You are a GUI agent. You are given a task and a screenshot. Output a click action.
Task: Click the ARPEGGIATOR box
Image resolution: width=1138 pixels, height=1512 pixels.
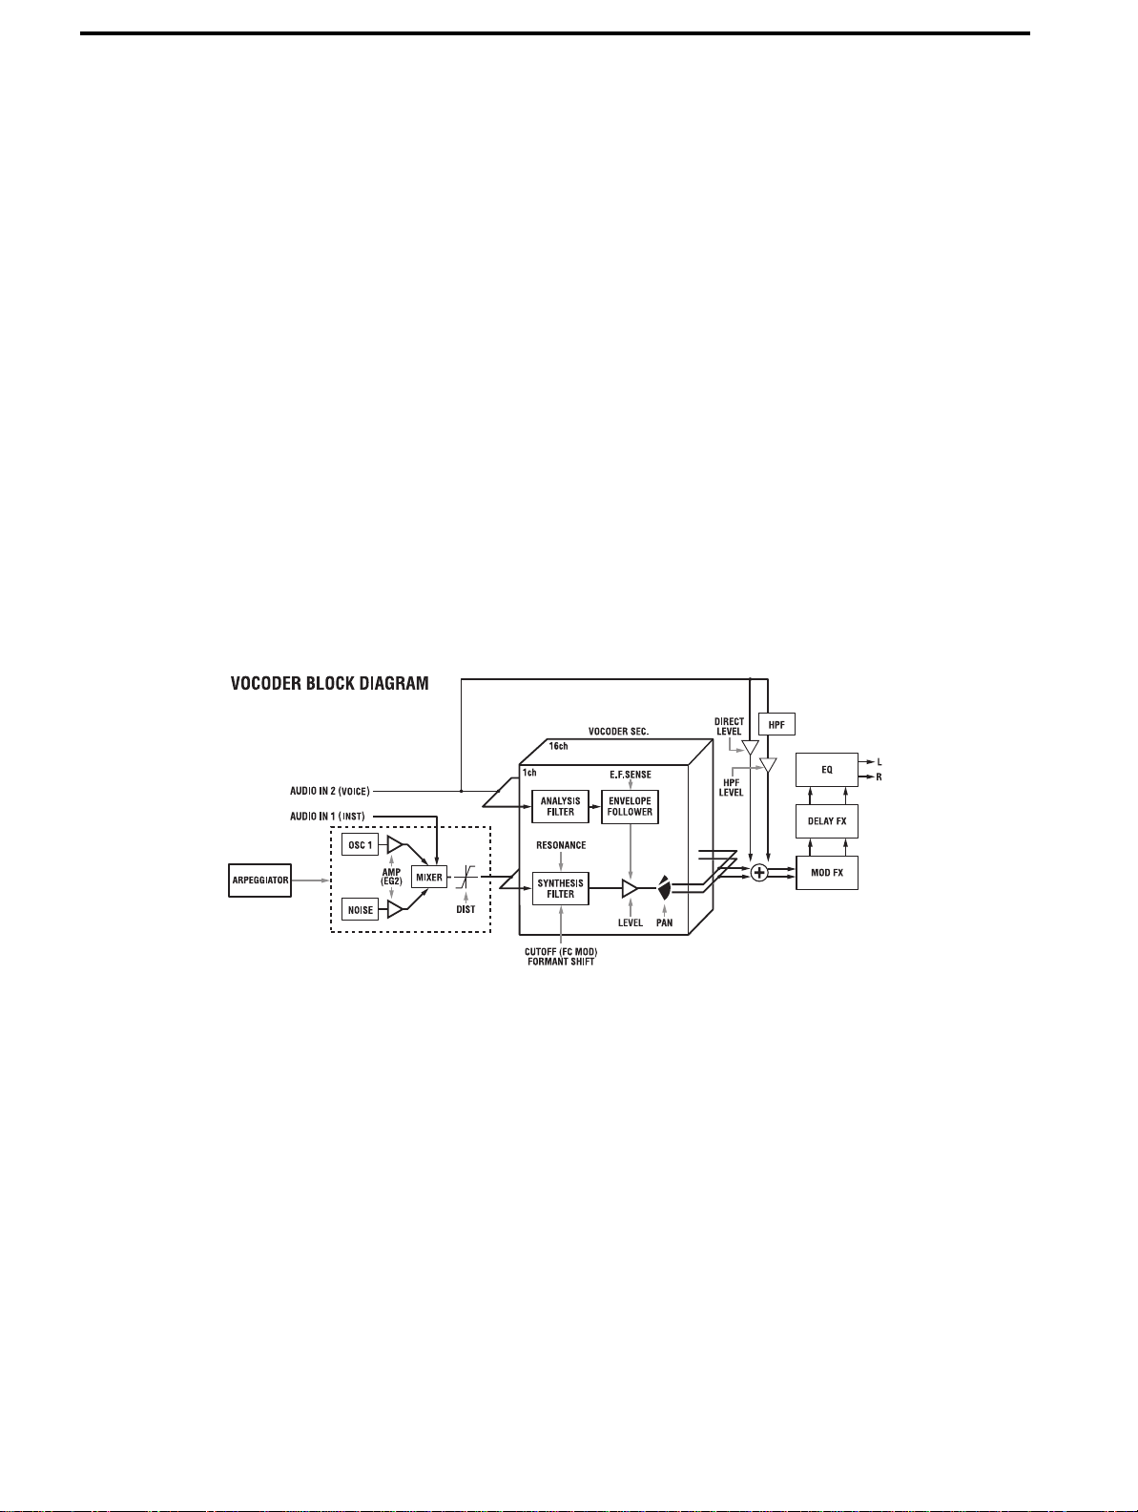tap(259, 880)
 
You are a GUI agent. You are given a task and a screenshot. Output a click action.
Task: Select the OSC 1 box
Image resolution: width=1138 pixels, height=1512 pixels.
tap(360, 844)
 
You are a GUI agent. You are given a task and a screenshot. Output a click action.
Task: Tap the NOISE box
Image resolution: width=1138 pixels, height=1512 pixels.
tap(360, 909)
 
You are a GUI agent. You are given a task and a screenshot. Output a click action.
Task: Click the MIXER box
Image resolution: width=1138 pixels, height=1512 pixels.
tap(429, 877)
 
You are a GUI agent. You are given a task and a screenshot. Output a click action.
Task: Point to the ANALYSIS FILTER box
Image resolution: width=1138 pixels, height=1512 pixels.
tap(560, 807)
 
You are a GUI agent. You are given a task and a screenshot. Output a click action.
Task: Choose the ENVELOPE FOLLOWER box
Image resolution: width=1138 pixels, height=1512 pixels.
tap(630, 807)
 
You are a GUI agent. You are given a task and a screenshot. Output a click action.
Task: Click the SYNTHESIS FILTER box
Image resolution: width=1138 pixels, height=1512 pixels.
tap(560, 889)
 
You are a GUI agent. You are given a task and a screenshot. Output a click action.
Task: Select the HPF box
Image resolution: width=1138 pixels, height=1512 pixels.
tap(776, 725)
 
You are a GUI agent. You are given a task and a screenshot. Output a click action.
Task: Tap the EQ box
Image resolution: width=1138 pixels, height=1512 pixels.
tap(827, 770)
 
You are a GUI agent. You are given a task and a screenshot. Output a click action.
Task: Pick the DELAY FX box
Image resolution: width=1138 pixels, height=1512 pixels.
tap(827, 821)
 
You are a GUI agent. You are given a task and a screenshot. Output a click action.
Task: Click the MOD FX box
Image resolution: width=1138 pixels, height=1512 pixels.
tap(827, 873)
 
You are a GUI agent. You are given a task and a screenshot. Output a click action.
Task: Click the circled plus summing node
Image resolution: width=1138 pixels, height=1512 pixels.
tap(759, 873)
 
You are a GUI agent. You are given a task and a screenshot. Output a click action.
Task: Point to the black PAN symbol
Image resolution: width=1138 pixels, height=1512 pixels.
tap(665, 890)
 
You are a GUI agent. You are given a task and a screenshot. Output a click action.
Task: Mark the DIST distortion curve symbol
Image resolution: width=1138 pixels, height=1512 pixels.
tap(466, 878)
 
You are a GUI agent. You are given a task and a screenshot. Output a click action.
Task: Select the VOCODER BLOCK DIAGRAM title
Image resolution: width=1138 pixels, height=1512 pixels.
tap(329, 683)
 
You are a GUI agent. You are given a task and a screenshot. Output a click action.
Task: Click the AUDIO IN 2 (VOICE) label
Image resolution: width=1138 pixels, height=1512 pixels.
tap(329, 791)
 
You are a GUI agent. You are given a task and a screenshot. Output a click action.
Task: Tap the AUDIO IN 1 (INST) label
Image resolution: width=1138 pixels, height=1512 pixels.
tap(327, 816)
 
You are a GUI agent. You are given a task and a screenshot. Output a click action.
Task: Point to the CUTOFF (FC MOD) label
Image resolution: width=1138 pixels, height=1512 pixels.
tap(561, 951)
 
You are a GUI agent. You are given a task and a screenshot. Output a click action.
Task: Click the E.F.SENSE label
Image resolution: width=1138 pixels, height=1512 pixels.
tap(631, 774)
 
